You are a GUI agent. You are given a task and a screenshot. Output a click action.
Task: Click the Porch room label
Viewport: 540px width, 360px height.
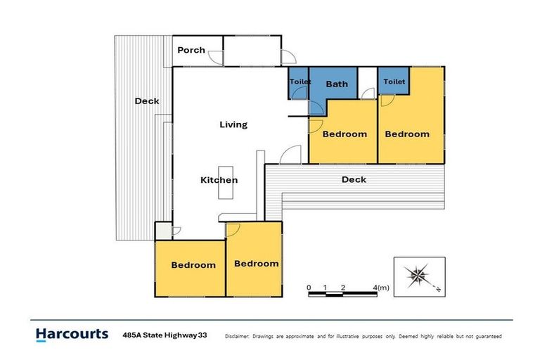[x=191, y=51]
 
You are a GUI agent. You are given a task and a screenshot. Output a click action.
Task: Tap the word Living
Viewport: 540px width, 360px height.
[x=233, y=124]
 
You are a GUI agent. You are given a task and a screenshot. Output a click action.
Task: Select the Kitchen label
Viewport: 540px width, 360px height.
[x=219, y=180]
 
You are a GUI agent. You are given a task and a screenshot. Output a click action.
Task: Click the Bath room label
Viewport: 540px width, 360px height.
[x=337, y=84]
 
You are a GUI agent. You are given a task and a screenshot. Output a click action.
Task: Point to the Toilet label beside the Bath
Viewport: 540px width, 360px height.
[x=300, y=82]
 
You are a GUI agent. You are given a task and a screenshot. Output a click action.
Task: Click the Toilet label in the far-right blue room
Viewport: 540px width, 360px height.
[x=394, y=82]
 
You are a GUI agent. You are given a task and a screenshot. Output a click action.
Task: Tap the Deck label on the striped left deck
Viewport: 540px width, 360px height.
[x=147, y=101]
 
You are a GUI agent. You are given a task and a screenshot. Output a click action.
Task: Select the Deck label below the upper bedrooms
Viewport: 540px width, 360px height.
[x=354, y=179]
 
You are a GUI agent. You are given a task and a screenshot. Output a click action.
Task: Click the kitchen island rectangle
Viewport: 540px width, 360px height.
[x=226, y=183]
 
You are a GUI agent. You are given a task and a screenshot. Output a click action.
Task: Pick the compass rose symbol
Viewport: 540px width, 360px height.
[x=418, y=276]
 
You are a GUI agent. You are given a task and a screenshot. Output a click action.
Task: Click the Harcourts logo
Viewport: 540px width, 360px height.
[x=72, y=335]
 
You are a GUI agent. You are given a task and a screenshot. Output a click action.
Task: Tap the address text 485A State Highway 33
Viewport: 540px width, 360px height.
[x=165, y=335]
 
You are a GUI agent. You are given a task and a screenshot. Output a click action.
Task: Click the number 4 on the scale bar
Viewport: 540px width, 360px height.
[x=375, y=288]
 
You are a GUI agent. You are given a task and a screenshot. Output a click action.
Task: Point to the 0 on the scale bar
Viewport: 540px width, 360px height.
[x=309, y=288]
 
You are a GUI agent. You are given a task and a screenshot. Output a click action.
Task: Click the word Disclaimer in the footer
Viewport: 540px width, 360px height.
[x=237, y=336]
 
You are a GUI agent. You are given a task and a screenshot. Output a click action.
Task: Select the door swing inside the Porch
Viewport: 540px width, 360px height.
[x=217, y=58]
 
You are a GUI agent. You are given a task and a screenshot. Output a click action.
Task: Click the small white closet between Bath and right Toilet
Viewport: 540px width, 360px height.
[x=368, y=83]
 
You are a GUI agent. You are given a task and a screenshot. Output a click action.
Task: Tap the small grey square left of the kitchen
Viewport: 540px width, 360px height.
[x=163, y=231]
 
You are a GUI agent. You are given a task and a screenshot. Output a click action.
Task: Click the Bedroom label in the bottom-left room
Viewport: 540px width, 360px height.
[x=193, y=265]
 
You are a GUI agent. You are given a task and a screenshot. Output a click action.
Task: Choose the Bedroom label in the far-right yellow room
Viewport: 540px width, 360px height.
[x=407, y=134]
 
